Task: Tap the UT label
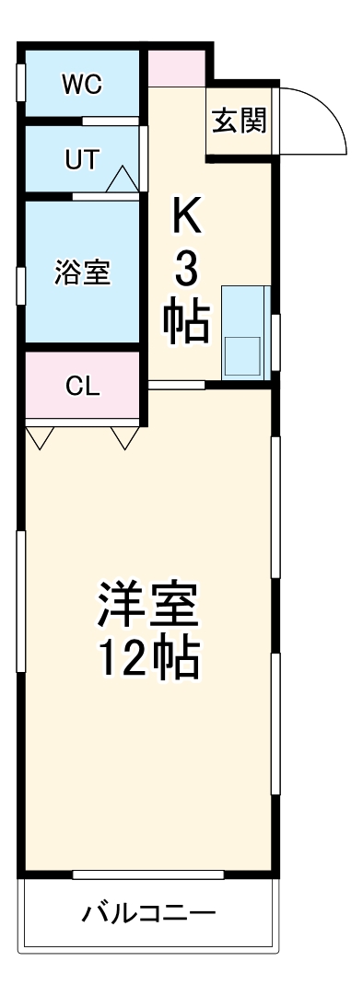[81, 158]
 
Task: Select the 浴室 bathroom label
[82, 272]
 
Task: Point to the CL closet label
[82, 386]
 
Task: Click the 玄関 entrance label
[240, 122]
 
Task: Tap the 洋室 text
[148, 606]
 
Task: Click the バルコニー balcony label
[148, 914]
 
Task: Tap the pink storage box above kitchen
[177, 68]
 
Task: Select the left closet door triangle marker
[40, 437]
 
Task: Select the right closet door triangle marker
[125, 437]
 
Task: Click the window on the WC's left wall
[20, 81]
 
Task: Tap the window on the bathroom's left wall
[20, 284]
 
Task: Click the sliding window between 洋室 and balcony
[148, 874]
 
